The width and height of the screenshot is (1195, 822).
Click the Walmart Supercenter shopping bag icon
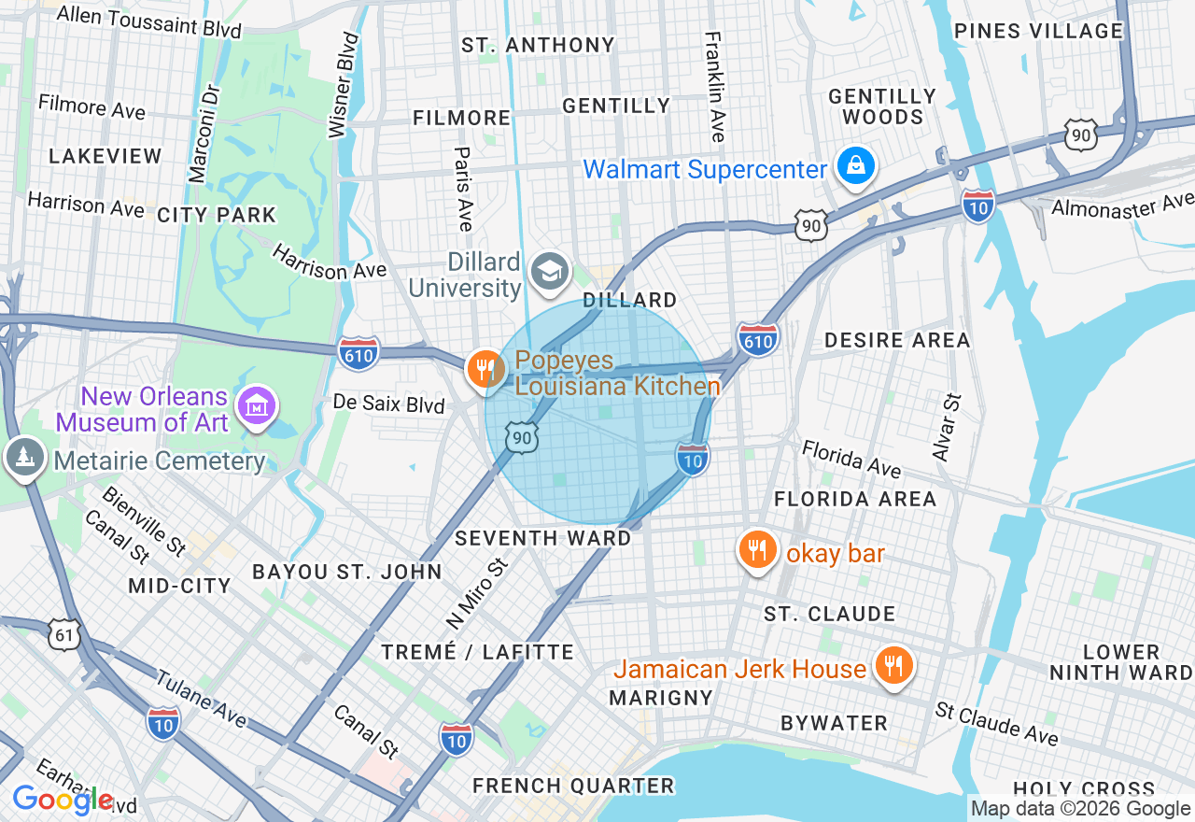854,167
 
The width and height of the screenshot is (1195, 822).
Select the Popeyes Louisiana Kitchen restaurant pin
485,369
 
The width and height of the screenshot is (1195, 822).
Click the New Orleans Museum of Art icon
256,405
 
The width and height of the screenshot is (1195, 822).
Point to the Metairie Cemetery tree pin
23,458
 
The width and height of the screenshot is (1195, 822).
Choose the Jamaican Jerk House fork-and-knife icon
893,665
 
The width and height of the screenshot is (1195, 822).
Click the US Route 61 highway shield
63,636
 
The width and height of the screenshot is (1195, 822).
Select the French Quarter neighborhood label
572,786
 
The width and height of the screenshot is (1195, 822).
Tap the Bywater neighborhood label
834,723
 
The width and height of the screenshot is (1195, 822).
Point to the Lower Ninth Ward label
1120,662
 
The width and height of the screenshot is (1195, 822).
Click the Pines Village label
1038,31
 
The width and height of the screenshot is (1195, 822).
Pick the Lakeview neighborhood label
105,156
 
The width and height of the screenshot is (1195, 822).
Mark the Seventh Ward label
542,538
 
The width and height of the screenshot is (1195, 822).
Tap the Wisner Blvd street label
344,86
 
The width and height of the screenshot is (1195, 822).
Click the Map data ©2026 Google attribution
1080,809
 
